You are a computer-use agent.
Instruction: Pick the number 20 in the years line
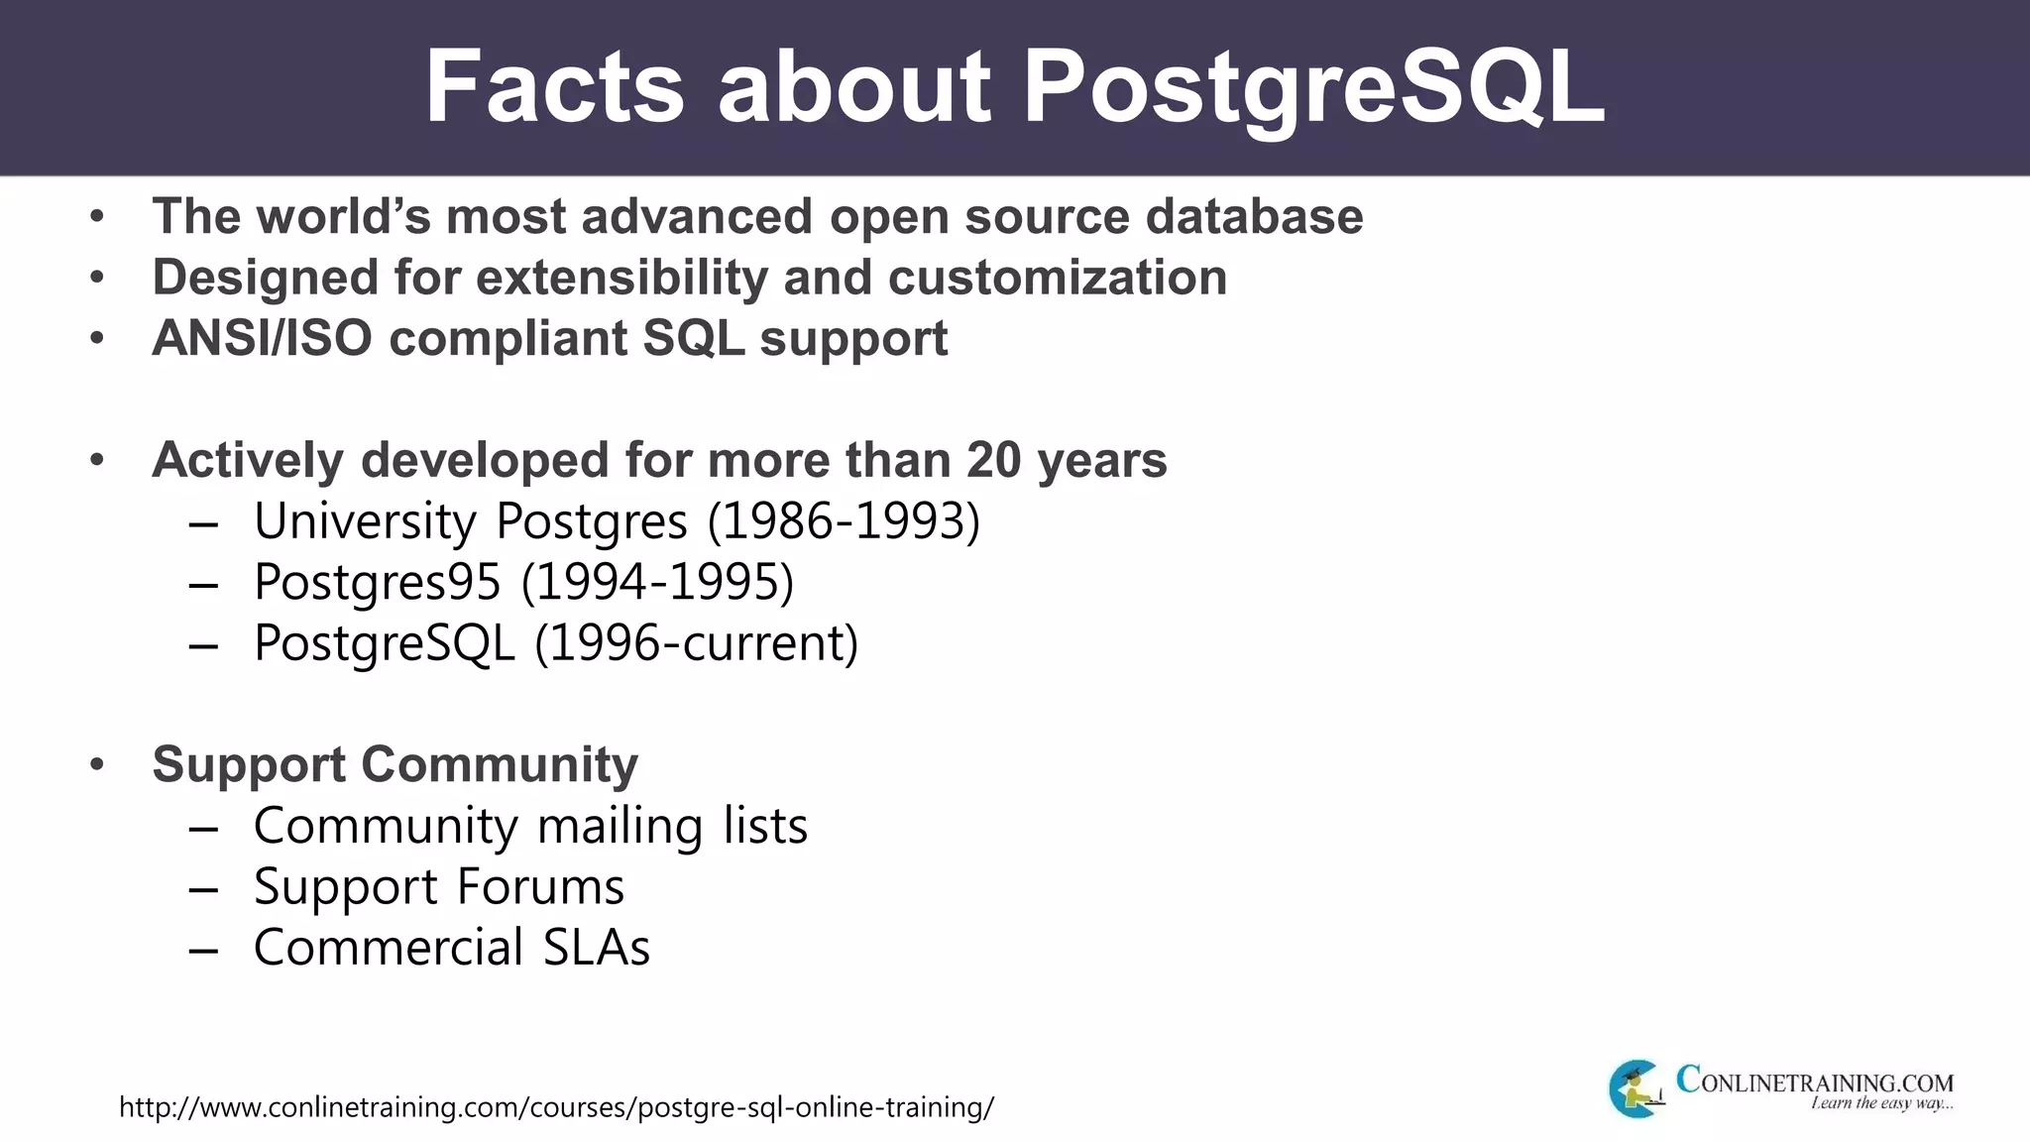point(994,461)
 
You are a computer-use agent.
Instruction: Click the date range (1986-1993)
point(844,521)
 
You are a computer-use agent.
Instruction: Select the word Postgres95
point(377,583)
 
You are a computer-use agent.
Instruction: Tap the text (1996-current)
point(697,643)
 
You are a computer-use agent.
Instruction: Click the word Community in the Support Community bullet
point(499,765)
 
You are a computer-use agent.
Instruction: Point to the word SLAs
point(596,948)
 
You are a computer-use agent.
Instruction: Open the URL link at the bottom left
point(556,1107)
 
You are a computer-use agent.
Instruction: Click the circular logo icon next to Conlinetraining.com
point(1635,1088)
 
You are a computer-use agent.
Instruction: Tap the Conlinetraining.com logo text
point(1814,1081)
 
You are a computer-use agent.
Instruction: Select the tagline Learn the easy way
point(1881,1104)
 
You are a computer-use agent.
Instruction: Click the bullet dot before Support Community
point(96,765)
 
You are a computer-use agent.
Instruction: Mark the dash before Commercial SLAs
point(203,950)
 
